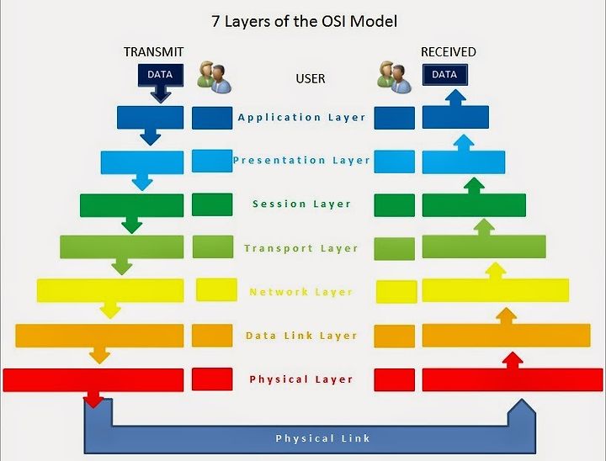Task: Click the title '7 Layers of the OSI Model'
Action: (304, 21)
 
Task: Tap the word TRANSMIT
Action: (153, 52)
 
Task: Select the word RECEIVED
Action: (449, 52)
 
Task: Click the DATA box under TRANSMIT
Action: (161, 75)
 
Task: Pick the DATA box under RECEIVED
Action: (445, 75)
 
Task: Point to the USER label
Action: (311, 78)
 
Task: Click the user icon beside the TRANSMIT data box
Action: (214, 77)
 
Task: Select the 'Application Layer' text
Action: (302, 118)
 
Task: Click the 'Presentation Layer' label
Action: (301, 160)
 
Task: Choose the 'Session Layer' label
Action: (301, 204)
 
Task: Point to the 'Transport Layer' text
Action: (301, 248)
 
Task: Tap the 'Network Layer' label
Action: (301, 292)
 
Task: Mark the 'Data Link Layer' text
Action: (301, 336)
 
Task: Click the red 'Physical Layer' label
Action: (301, 379)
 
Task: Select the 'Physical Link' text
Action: (322, 438)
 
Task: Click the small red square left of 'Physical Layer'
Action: (212, 379)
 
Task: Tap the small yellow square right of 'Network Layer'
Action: (396, 292)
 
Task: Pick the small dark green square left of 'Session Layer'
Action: (212, 204)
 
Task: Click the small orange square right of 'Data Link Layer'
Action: (395, 336)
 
